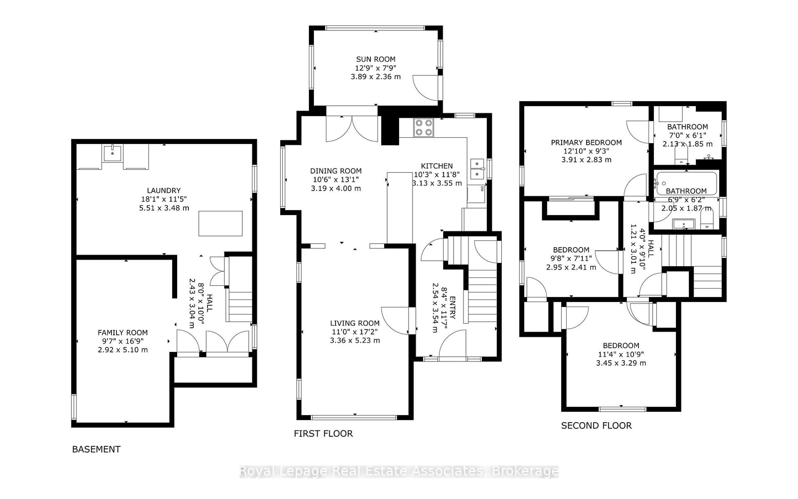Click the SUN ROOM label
point(376,59)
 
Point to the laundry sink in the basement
point(112,153)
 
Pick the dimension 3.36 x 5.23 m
point(355,340)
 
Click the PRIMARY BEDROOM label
point(586,143)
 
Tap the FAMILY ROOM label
point(123,333)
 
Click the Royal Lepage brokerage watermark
point(399,471)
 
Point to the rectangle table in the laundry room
point(220,224)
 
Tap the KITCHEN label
point(437,166)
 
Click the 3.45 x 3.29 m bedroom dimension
point(621,363)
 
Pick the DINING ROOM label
point(336,171)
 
